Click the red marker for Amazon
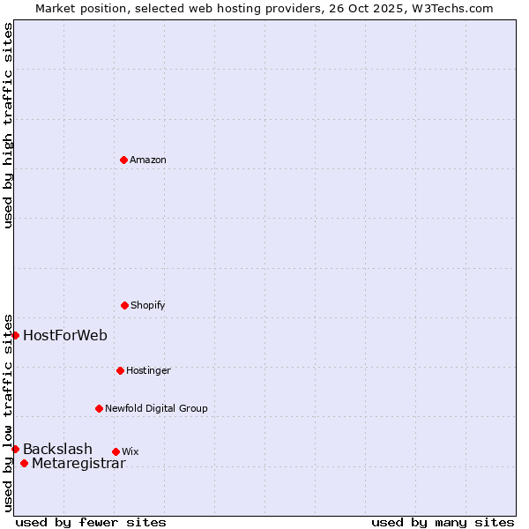coord(123,160)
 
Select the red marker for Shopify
coord(124,305)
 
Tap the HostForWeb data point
coord(15,335)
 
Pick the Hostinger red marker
coord(120,370)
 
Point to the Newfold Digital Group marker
coord(99,408)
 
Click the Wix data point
coord(115,451)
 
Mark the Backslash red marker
coord(15,449)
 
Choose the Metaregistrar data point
coord(24,464)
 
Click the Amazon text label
coord(148,160)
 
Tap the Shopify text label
coord(148,305)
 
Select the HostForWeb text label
coord(65,335)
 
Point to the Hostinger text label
coord(148,370)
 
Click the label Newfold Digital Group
coord(156,408)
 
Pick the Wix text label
coord(130,451)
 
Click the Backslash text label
coord(57,449)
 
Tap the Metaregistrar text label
coord(78,464)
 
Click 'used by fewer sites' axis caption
coord(91,522)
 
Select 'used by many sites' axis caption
coord(443,522)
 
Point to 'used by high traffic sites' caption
coord(8,125)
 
